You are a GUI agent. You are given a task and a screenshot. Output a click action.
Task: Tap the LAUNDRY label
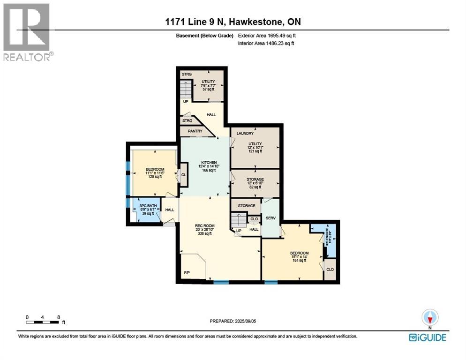coord(245,134)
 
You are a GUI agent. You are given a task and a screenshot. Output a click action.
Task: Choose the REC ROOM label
coord(205,226)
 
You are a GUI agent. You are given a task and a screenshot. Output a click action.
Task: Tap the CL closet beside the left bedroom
coord(183,174)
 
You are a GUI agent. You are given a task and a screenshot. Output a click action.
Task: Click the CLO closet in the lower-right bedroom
coord(330,270)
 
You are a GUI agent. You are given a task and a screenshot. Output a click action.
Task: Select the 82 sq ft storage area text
coord(256,187)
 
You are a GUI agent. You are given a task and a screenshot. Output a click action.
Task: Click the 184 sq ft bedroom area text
coord(299,261)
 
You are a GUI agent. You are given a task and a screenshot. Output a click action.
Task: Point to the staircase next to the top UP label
coord(187,89)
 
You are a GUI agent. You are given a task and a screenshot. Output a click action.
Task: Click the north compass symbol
coord(429,318)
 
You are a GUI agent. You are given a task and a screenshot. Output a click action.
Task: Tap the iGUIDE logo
coord(428,337)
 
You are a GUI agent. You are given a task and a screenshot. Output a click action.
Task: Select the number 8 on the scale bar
coord(59,317)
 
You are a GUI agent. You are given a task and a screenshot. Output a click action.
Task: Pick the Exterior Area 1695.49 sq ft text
coord(267,35)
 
